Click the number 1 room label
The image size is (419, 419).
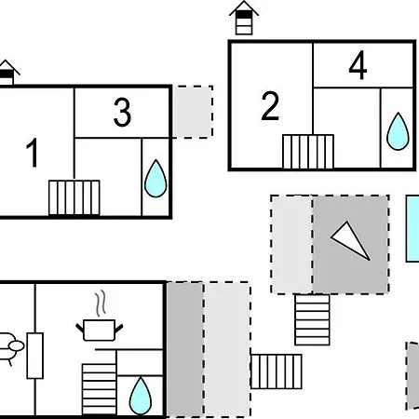coord(32,153)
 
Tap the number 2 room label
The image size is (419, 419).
coord(270,106)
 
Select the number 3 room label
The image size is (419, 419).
coord(122,113)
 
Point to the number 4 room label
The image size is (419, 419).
coord(358,65)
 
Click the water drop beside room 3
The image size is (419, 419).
coord(155,179)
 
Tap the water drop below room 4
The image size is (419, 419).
coord(398,131)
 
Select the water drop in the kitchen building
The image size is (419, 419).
coord(141,396)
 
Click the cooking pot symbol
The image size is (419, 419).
coord(100,331)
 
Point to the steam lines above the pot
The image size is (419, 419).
coord(101,304)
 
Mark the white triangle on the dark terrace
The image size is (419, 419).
coord(351,240)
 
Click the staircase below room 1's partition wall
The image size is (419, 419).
coord(74,197)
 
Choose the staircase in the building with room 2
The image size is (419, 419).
coord(308,152)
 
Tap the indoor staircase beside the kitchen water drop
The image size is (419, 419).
coord(99,389)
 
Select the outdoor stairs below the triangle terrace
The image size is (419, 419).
coord(312,319)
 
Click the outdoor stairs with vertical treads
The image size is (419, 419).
coord(276,372)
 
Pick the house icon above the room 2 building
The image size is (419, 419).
coord(244,18)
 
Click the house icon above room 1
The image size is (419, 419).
coord(7,72)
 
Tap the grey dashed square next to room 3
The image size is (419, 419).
coord(193,112)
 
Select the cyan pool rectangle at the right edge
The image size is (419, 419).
coord(412,228)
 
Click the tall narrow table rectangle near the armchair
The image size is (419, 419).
coord(34,356)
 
